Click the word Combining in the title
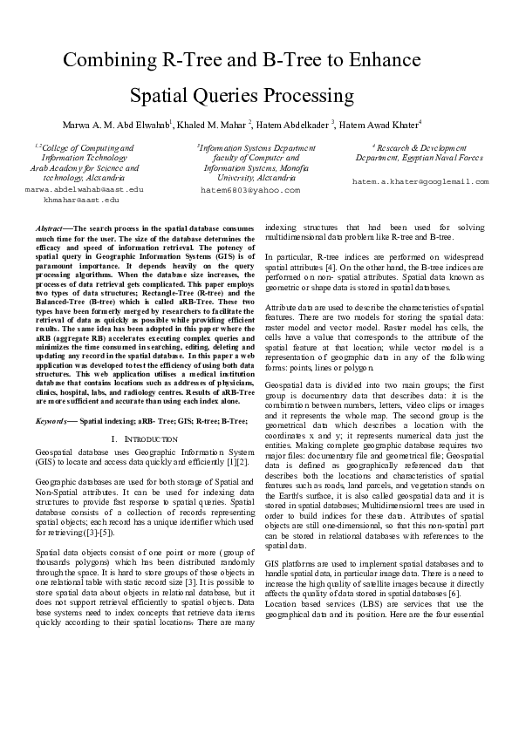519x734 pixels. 113,60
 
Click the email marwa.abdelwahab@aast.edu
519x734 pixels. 85,189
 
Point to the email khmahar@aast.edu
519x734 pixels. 82,200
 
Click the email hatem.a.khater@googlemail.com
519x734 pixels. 420,181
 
